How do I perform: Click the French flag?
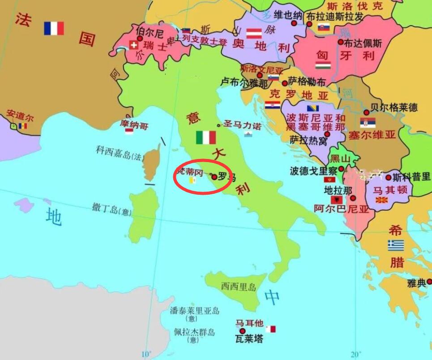54,29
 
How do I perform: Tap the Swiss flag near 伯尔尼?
133,45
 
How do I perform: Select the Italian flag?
206,137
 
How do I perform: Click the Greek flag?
396,245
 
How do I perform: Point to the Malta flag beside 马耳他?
270,329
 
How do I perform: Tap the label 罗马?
226,177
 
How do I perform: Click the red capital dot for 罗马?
214,177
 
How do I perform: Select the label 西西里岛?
239,287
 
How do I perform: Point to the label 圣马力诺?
242,125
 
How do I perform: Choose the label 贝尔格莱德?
394,107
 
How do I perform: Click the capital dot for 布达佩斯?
341,42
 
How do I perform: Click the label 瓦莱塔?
248,339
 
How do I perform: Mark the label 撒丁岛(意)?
111,209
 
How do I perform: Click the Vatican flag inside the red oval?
193,180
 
